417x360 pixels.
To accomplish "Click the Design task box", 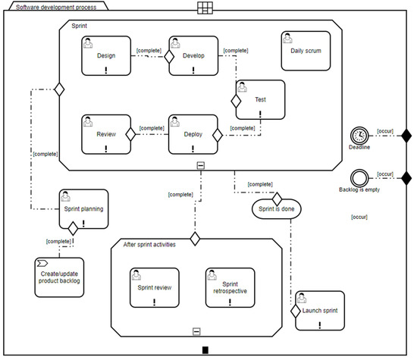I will pyautogui.click(x=106, y=55).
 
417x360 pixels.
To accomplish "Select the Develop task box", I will pyautogui.click(x=193, y=55).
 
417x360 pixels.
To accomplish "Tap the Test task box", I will pyautogui.click(x=259, y=99).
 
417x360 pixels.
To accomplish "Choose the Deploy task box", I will pyautogui.click(x=193, y=133).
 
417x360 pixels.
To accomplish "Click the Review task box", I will pyautogui.click(x=106, y=133).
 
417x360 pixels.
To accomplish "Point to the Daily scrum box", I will pyautogui.click(x=306, y=51).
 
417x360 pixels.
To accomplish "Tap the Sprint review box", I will pyautogui.click(x=155, y=287).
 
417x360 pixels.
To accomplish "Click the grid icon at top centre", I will pyautogui.click(x=205, y=8).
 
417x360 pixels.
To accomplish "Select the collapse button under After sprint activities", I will pyautogui.click(x=196, y=330).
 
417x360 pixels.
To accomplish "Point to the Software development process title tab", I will pyautogui.click(x=53, y=6).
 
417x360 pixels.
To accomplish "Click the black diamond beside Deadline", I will pyautogui.click(x=406, y=136).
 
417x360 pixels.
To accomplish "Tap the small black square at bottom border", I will pyautogui.click(x=205, y=349).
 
